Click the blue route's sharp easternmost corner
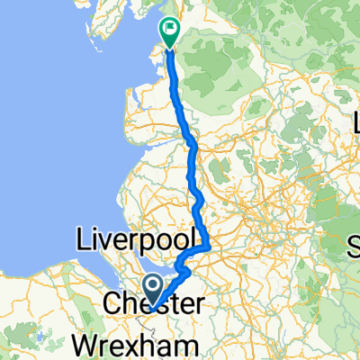[211, 245]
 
